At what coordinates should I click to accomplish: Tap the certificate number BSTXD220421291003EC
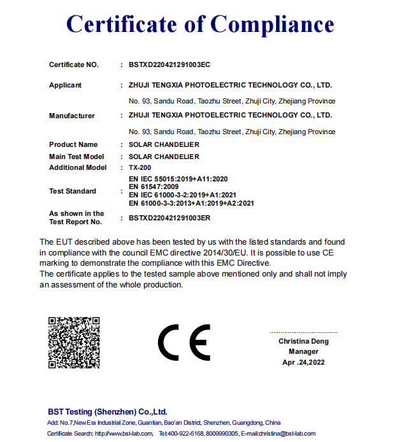click(170, 65)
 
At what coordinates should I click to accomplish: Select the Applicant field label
click(66, 85)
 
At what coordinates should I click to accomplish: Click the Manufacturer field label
click(72, 116)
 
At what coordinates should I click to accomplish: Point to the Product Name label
click(73, 145)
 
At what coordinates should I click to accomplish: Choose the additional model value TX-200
click(140, 167)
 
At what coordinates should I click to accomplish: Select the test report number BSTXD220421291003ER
click(170, 218)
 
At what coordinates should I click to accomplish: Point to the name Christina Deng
click(303, 341)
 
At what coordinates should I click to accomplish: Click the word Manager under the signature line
click(303, 351)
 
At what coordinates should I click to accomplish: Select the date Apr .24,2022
click(303, 362)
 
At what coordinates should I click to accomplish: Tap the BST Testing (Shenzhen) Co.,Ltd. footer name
click(107, 411)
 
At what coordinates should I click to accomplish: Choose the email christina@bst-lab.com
click(287, 434)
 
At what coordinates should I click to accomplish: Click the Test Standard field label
click(73, 191)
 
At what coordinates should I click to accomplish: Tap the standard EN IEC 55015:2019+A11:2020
click(178, 179)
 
